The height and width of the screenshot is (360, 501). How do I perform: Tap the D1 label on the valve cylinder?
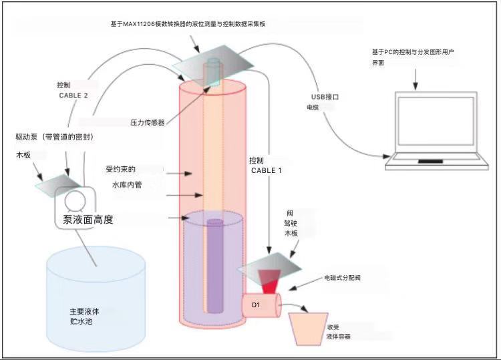tap(257, 305)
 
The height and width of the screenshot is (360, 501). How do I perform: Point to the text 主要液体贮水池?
tap(85, 317)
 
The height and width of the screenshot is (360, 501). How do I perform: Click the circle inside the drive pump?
tap(77, 202)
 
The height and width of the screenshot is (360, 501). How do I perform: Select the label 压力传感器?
tap(148, 123)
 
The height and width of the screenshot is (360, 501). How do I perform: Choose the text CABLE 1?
tap(267, 170)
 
